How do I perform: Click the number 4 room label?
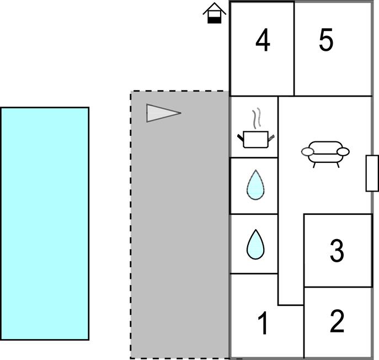click(263, 40)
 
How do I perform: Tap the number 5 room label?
click(326, 40)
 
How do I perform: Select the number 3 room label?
click(337, 251)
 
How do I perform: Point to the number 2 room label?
click(337, 321)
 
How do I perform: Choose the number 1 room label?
click(263, 323)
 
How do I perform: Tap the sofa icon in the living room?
click(325, 155)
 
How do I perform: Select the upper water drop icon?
click(255, 185)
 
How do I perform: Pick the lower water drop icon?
click(255, 245)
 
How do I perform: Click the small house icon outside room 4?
click(215, 13)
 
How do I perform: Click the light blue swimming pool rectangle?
click(45, 224)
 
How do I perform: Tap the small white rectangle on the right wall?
click(372, 173)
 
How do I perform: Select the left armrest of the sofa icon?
click(307, 152)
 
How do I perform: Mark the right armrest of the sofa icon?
click(343, 152)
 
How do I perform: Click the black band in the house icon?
click(215, 20)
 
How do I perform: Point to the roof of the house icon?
click(215, 8)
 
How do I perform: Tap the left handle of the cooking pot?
click(241, 137)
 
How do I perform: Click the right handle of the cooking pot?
click(271, 138)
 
